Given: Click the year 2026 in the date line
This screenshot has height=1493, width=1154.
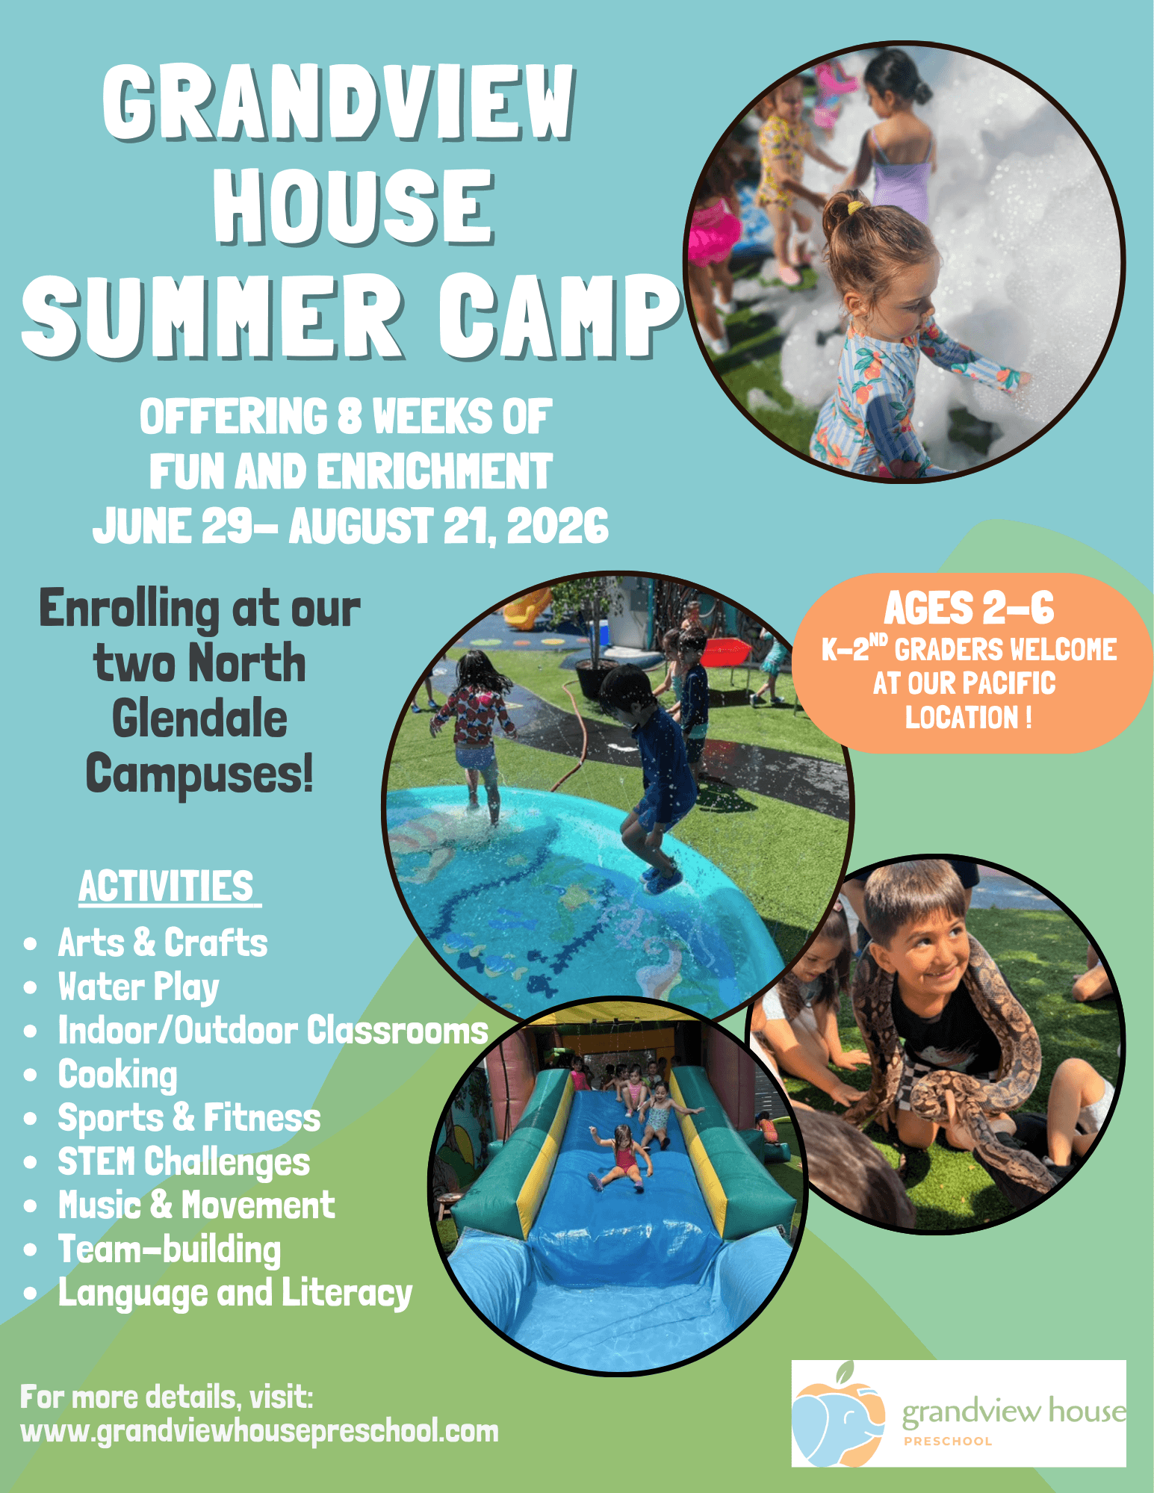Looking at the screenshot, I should point(557,526).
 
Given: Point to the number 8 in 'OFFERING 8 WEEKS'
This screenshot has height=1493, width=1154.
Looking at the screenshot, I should point(349,416).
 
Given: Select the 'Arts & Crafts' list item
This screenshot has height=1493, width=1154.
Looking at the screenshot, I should point(163,943).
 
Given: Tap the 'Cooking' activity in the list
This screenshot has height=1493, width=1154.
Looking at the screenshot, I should point(118,1075).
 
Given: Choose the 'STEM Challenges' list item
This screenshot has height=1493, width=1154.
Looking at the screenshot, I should point(184,1162).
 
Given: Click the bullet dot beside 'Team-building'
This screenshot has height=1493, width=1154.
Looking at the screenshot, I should point(31,1250).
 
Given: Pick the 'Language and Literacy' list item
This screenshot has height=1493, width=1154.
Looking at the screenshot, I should point(235,1294).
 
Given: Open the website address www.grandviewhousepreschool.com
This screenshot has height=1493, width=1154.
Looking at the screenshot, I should point(259,1432).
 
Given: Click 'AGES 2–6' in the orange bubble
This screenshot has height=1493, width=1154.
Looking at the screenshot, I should point(969,608).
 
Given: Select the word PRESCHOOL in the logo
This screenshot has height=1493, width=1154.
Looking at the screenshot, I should point(948,1441).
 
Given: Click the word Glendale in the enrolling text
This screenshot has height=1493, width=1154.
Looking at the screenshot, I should point(199,718).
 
